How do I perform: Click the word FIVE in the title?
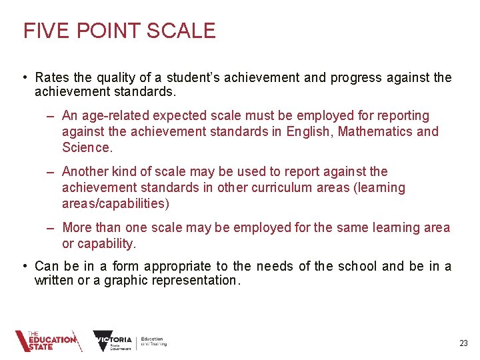tap(41, 31)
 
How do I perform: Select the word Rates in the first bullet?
tap(51, 78)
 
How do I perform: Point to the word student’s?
tap(191, 78)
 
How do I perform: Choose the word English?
tap(309, 131)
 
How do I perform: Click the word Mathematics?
tap(375, 131)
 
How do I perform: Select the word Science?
tap(86, 147)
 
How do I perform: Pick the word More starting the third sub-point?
tap(77, 228)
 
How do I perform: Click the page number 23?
tap(463, 343)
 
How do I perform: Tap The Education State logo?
tap(48, 341)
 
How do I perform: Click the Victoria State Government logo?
tap(113, 341)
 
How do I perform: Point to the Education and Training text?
tap(154, 341)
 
